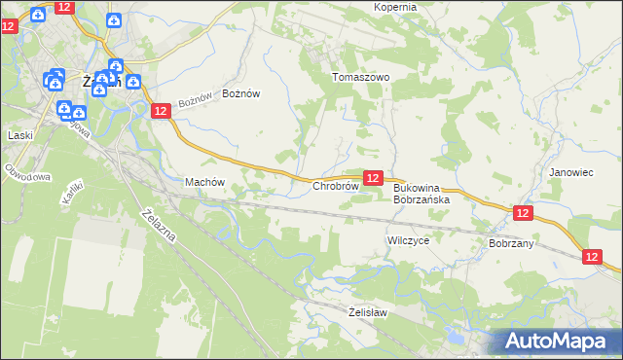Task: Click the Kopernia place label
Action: pyautogui.click(x=395, y=7)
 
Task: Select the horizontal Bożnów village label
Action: pyautogui.click(x=241, y=93)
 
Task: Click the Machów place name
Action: pyautogui.click(x=204, y=182)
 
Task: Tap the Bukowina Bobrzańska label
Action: pyautogui.click(x=421, y=194)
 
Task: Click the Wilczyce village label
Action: pyautogui.click(x=408, y=239)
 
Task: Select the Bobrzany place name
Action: pyautogui.click(x=511, y=243)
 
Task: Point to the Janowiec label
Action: pyautogui.click(x=570, y=172)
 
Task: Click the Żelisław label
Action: pyautogui.click(x=368, y=312)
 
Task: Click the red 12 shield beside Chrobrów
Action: pyautogui.click(x=372, y=178)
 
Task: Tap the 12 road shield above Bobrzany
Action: pyautogui.click(x=523, y=213)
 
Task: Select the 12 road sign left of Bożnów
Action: pyautogui.click(x=162, y=112)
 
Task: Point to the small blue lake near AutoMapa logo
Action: pyautogui.click(x=455, y=340)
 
